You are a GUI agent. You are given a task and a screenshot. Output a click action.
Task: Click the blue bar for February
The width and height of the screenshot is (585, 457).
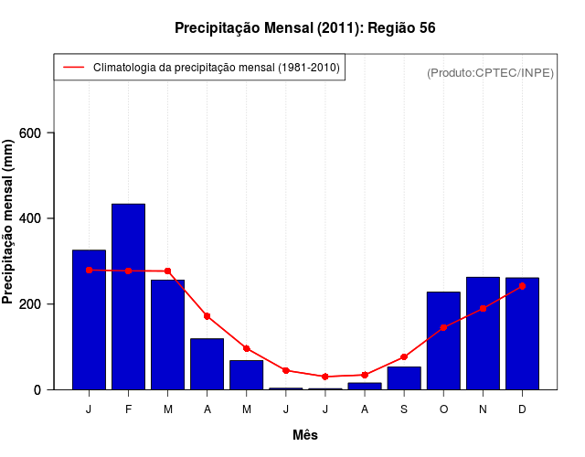128,297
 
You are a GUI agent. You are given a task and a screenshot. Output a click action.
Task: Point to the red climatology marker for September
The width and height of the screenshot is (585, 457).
404,356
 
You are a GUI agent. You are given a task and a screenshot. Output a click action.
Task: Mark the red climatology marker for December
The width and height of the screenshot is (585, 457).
522,286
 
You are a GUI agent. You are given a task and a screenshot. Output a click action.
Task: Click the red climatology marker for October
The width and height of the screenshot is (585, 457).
443,327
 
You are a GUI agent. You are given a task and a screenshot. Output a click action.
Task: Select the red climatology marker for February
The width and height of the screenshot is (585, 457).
128,271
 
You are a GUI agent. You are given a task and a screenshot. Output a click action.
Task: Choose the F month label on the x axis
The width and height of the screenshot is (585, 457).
128,409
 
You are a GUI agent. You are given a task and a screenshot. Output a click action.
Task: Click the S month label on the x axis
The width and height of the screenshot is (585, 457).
404,409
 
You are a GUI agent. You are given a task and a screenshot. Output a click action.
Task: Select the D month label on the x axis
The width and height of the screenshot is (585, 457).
522,409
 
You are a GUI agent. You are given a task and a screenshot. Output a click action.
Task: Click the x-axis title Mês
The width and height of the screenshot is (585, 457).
305,435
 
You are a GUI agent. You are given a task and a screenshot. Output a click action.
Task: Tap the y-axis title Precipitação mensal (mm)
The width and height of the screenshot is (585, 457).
9,228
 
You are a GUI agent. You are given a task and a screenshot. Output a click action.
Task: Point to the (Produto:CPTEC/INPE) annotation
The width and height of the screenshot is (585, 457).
491,72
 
